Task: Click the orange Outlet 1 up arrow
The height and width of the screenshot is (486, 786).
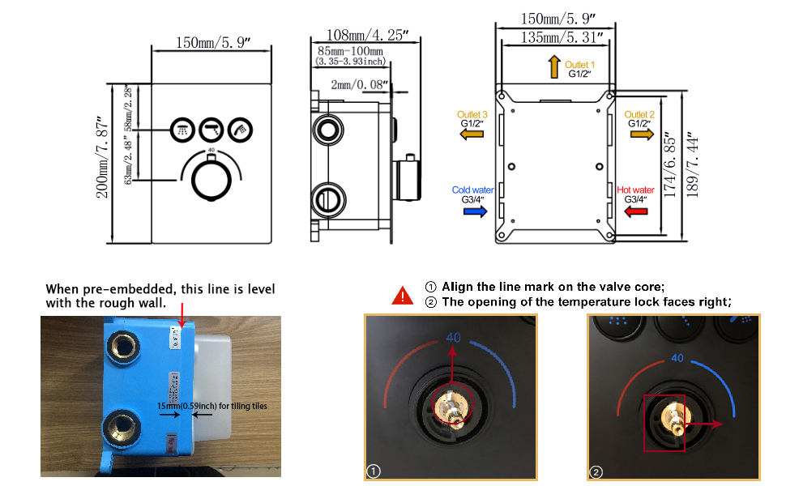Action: coord(554,67)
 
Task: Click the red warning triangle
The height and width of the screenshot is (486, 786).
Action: coord(402,296)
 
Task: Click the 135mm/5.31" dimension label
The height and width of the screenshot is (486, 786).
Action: coord(555,36)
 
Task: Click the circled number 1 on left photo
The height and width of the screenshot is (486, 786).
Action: coord(374,470)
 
